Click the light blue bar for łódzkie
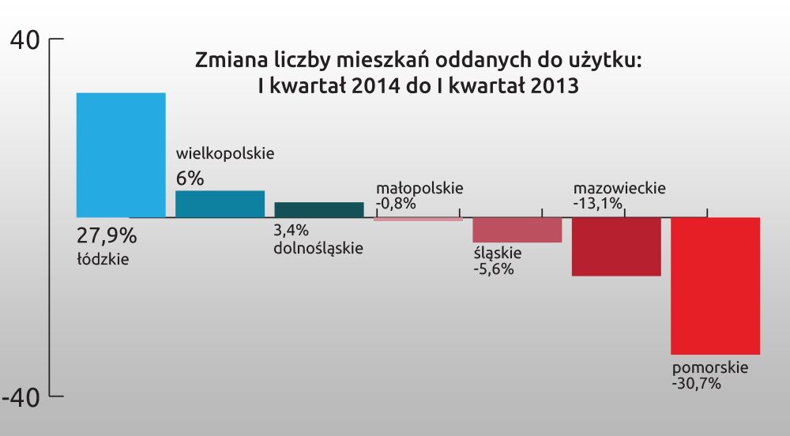coord(120,155)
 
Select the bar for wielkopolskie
coord(220,204)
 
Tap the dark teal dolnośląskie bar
coord(319,209)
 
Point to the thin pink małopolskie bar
coord(418,219)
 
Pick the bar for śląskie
coord(517,230)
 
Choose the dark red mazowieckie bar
coord(616,246)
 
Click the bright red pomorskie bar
coord(715,286)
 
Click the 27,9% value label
coord(107,235)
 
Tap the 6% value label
coord(190,179)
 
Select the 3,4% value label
coord(291,231)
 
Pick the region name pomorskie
coord(709,368)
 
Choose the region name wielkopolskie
coord(224,153)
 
